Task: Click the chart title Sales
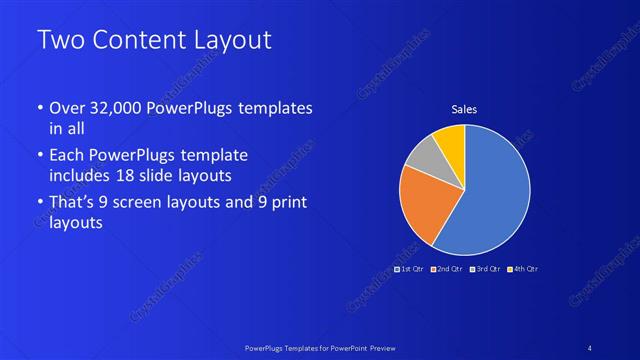[464, 109]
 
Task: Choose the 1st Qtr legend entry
[410, 269]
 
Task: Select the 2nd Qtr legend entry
[448, 269]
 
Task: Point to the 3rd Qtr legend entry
[486, 269]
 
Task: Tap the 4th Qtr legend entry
[523, 269]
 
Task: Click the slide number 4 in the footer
[590, 346]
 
